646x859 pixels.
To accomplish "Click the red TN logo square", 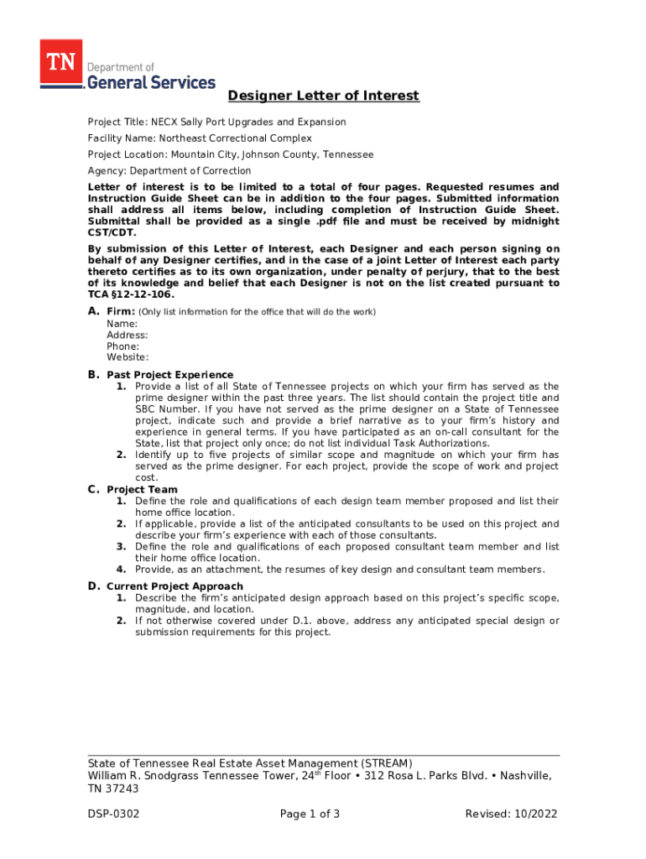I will click(60, 62).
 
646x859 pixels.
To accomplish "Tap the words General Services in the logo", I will click(151, 82).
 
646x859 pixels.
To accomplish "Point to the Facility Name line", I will click(200, 138).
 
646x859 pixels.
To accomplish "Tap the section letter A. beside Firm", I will click(94, 312).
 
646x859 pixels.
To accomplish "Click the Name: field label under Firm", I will click(122, 324).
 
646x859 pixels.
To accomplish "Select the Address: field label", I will click(127, 335).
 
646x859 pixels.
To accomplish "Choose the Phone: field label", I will click(122, 346).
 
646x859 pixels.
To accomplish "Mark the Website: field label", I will click(128, 357).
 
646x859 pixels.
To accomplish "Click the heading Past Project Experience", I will click(169, 375).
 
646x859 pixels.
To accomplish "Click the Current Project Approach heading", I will click(175, 586).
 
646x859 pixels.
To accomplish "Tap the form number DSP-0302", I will click(113, 815).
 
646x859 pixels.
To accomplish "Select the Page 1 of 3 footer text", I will click(310, 815).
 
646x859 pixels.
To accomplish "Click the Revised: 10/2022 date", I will click(511, 815).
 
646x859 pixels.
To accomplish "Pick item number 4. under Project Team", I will click(122, 570).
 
